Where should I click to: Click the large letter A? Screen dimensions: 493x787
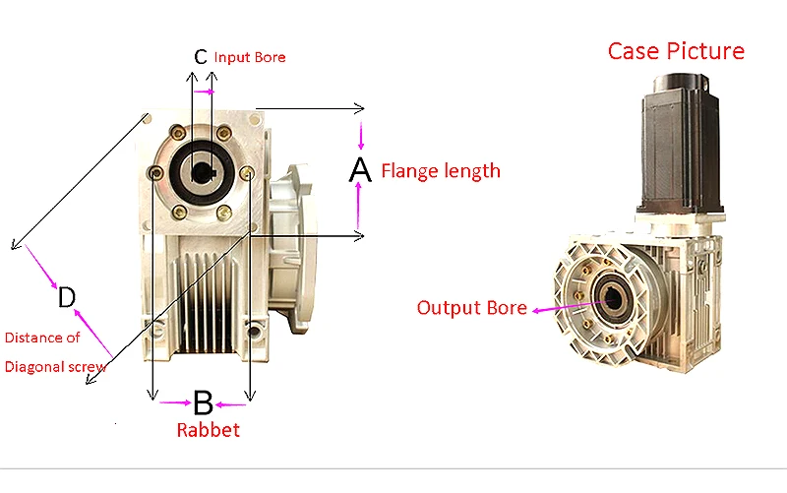coord(360,170)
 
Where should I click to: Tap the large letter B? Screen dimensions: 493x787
coord(203,401)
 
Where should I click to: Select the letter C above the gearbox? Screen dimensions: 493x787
coord(201,57)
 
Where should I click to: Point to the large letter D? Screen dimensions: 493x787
coord(66,297)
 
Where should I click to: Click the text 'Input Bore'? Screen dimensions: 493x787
coord(250,57)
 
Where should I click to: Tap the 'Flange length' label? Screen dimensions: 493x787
coord(441,170)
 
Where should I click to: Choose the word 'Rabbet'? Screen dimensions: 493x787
coord(208,430)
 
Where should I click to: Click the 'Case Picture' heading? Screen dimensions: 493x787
coord(676,50)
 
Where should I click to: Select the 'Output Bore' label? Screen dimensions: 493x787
coord(472,307)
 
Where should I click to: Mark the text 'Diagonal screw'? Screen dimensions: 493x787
coord(55,367)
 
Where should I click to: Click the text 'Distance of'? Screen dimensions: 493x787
coord(42,338)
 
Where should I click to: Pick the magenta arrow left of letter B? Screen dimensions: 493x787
coord(175,401)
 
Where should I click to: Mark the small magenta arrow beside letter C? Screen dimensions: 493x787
coord(204,91)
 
